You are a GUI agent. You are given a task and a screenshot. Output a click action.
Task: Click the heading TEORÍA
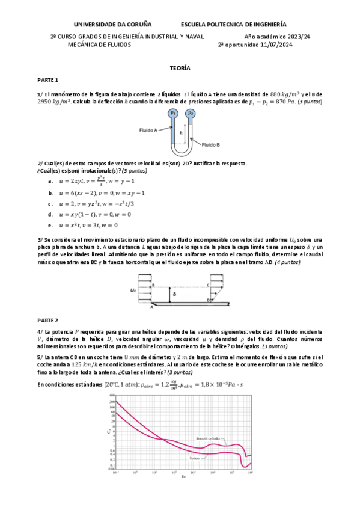(180, 69)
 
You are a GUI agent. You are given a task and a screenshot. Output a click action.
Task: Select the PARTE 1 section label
(47, 80)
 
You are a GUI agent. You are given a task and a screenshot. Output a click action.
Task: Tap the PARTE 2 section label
(47, 320)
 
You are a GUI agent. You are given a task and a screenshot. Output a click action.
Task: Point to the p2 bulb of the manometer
(190, 112)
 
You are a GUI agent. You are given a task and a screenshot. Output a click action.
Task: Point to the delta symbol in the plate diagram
(174, 294)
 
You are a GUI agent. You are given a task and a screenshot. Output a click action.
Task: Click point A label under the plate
(152, 307)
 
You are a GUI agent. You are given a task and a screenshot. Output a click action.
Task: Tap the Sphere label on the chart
(194, 458)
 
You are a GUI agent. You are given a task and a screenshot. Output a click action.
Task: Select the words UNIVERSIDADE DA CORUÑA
(112, 25)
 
